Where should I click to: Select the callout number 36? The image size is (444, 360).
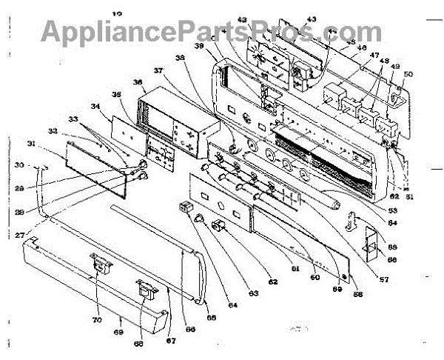(x=138, y=82)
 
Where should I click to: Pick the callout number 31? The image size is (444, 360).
(x=52, y=143)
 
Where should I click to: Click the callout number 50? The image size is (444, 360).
(x=409, y=74)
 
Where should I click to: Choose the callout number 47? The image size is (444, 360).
(x=375, y=56)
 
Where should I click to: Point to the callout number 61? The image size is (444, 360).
(x=295, y=271)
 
